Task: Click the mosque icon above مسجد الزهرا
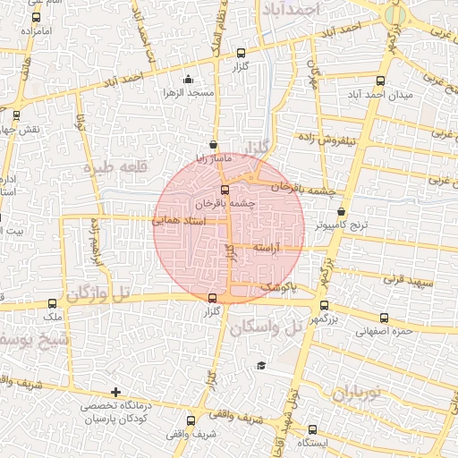(187, 80)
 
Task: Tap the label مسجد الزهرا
(186, 93)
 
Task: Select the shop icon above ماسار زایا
(212, 144)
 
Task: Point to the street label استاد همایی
(179, 218)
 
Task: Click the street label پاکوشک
(278, 286)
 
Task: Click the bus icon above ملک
(53, 303)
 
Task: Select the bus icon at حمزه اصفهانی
(385, 318)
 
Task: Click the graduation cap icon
(260, 365)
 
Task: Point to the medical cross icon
(114, 392)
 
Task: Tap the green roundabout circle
(395, 15)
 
